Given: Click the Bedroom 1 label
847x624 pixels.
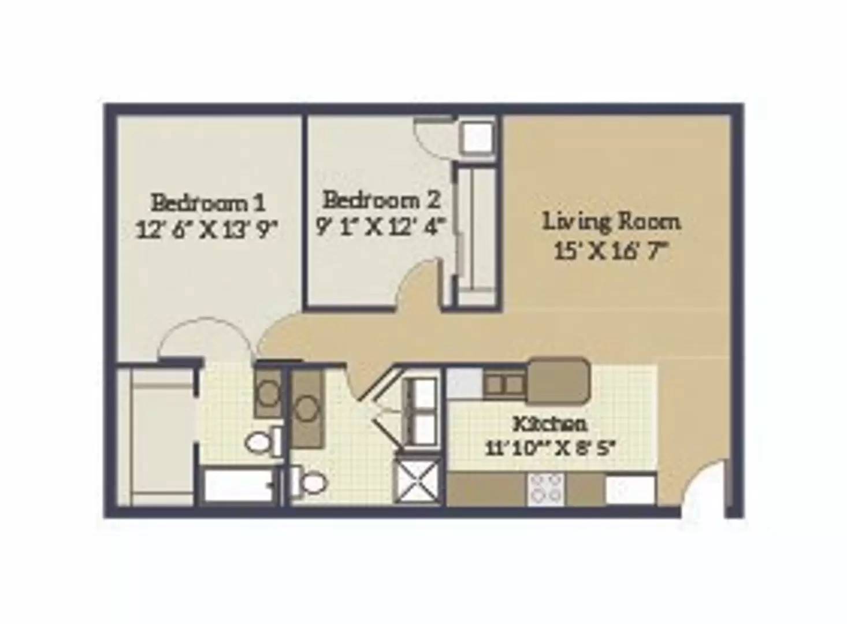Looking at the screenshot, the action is (209, 202).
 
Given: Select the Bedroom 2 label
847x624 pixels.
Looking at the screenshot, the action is (381, 200).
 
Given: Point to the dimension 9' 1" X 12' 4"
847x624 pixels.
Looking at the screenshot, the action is (379, 227).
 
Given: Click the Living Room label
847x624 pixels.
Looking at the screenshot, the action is (611, 222).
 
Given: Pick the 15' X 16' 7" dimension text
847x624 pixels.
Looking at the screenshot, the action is (609, 250).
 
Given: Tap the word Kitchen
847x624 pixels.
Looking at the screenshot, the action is (549, 424).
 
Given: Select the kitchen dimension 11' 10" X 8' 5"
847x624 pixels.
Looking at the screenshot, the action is (548, 449).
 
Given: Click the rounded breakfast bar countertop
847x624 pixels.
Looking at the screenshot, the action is (558, 380).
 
